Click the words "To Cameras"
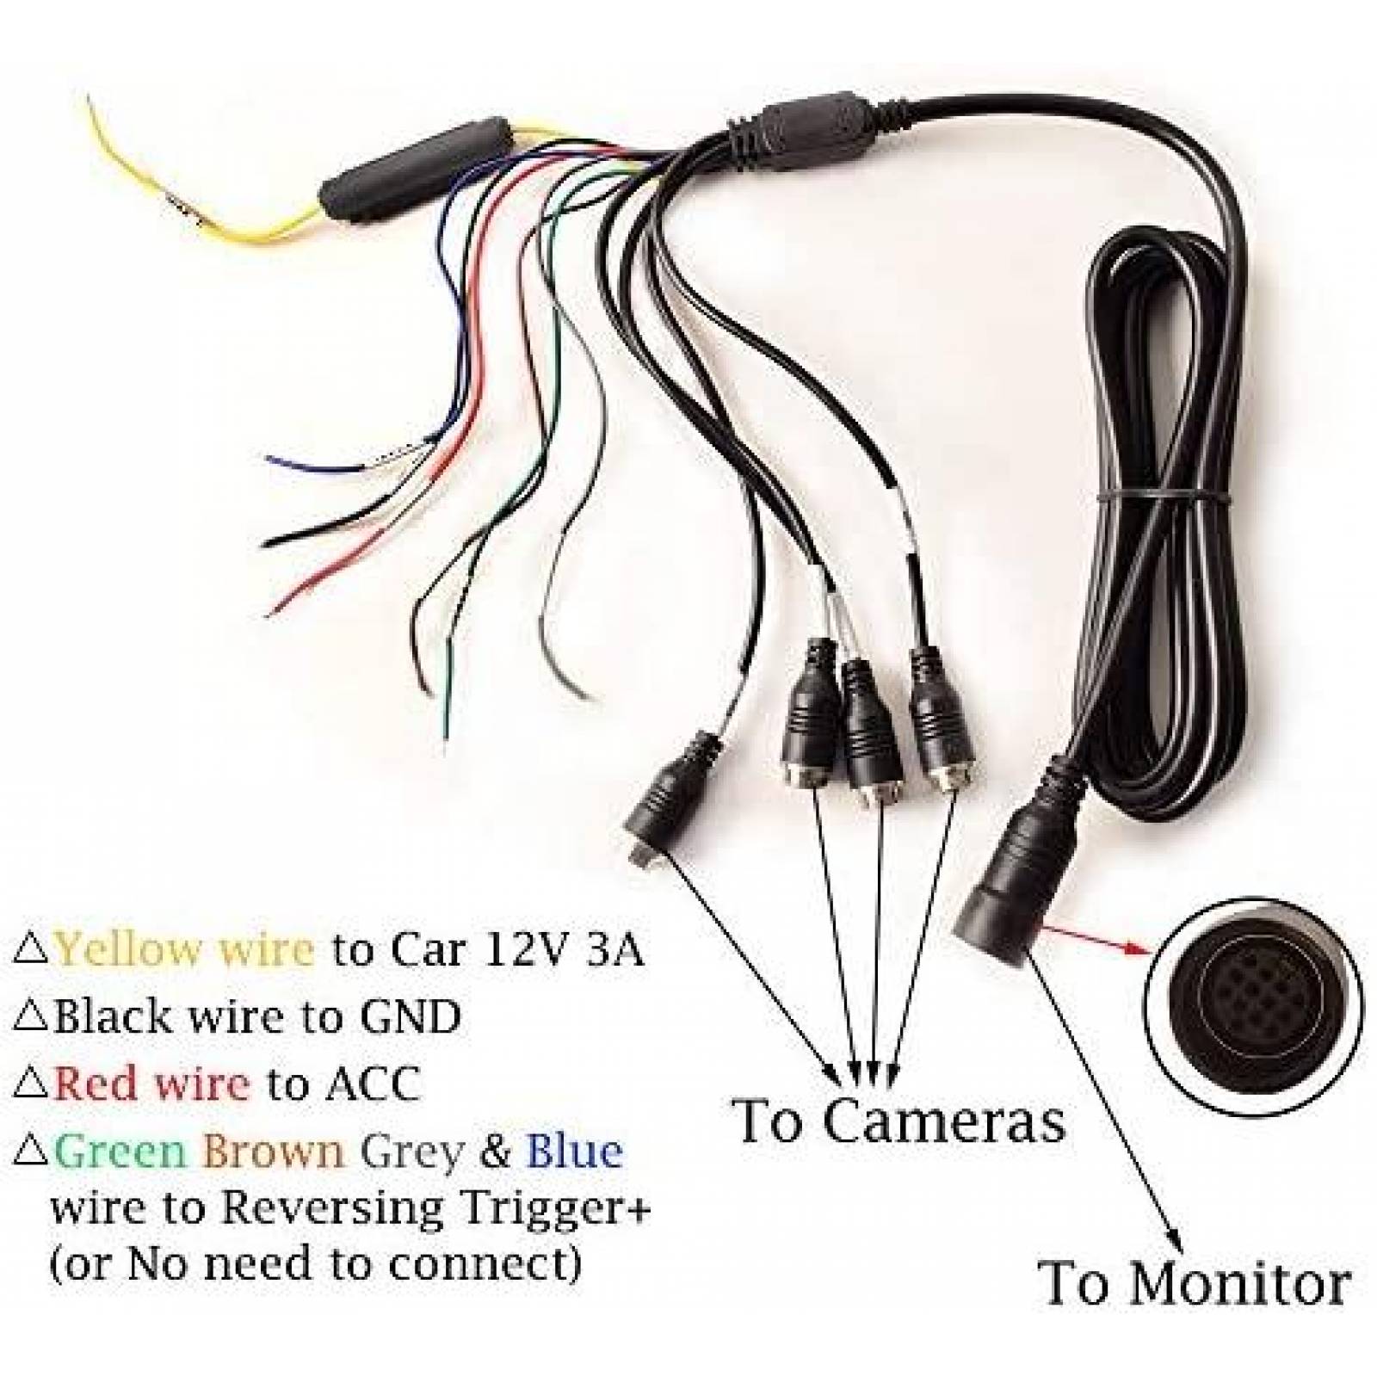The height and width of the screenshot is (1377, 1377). coord(898,1122)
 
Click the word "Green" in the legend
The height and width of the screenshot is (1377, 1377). coord(121,1152)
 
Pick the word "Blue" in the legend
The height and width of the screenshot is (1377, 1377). coord(574,1152)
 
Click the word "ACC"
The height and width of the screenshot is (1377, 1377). coord(373,1084)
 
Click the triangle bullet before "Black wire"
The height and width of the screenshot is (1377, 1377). coord(31,1017)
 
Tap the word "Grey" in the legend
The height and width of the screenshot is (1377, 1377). coord(412,1152)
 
